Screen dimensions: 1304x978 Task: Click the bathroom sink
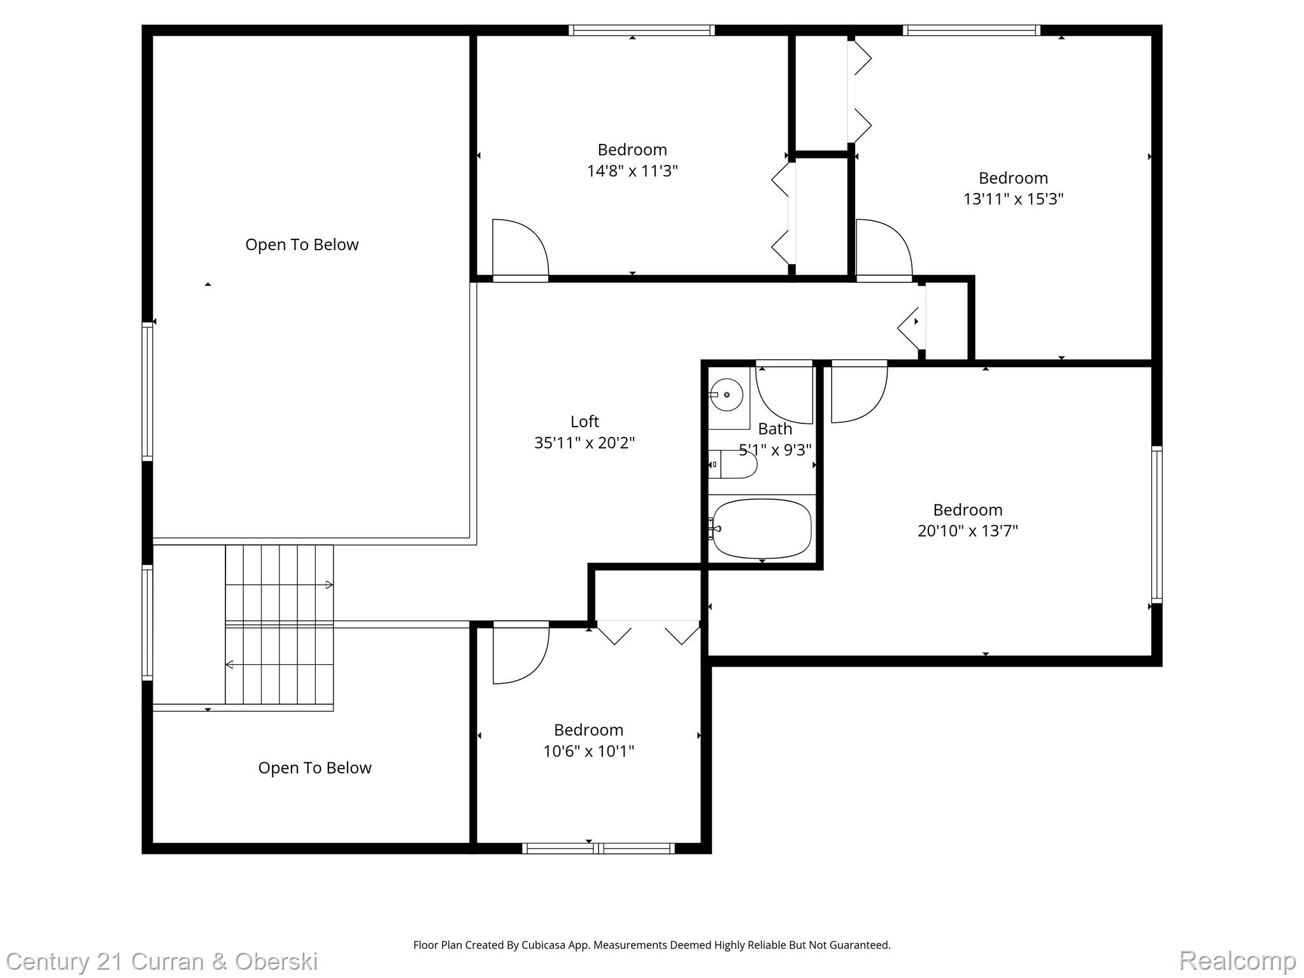(x=726, y=395)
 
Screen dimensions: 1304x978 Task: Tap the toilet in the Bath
(x=733, y=465)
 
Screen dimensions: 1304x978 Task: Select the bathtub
(x=762, y=528)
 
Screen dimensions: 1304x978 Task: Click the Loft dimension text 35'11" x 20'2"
(x=585, y=443)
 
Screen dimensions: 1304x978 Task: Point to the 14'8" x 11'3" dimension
(x=632, y=171)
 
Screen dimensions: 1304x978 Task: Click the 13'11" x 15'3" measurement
(x=1013, y=199)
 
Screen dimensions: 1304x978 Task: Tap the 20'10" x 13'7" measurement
(x=968, y=530)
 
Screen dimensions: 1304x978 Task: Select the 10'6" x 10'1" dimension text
(x=588, y=751)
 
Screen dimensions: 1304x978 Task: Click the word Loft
(x=585, y=422)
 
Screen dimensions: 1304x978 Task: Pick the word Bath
(x=775, y=429)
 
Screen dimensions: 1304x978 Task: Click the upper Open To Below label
(x=302, y=244)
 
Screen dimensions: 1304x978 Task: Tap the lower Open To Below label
(x=315, y=768)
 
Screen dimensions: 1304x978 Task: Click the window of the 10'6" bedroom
(x=599, y=848)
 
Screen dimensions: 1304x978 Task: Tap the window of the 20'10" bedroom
(x=1157, y=525)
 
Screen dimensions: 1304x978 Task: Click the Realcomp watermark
(x=1237, y=961)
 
